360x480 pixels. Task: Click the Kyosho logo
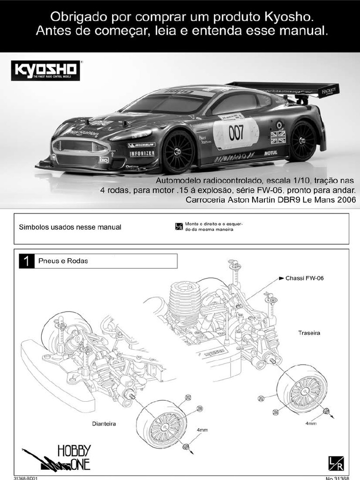coord(45,70)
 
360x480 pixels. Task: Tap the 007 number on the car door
coord(236,133)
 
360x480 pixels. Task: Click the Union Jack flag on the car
coord(278,137)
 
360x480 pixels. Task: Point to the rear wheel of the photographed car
coord(302,141)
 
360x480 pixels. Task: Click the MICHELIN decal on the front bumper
coord(141,145)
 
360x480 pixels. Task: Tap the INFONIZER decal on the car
coord(142,154)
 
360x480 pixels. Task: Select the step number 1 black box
coord(27,261)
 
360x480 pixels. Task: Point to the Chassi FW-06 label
coord(304,278)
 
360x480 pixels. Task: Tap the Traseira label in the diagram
coord(309,333)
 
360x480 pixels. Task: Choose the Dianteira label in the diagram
coord(104,424)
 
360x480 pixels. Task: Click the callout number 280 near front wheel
coord(200,409)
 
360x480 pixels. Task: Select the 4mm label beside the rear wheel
coord(311,423)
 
